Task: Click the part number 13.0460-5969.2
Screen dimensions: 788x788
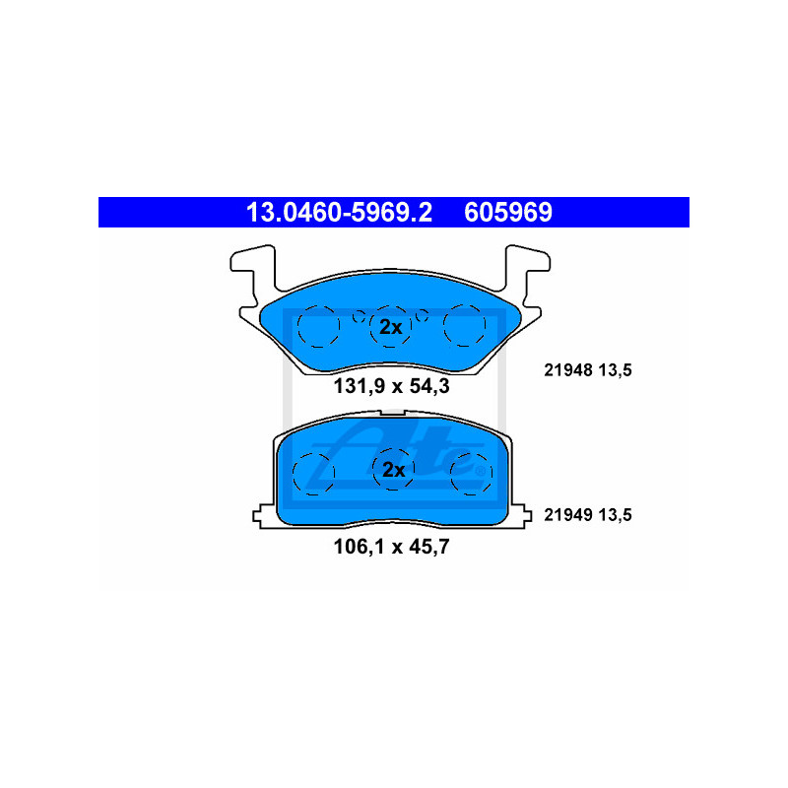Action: coord(339,212)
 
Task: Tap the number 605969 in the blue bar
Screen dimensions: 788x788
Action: coord(508,212)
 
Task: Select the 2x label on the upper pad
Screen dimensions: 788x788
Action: coord(390,327)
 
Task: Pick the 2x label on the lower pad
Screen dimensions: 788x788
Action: coord(393,470)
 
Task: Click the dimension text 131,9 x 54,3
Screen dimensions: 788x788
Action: coord(391,386)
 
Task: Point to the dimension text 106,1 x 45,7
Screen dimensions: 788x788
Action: coord(391,547)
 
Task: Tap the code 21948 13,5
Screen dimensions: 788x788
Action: coord(588,370)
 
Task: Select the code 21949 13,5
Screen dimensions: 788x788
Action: coord(588,515)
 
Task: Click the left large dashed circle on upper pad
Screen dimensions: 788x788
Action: coord(318,326)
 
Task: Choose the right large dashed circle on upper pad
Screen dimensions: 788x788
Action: coord(464,325)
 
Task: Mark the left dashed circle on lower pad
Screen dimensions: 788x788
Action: coord(313,474)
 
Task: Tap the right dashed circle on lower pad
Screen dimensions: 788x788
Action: coord(471,474)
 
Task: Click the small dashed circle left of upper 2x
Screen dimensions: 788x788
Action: coord(359,316)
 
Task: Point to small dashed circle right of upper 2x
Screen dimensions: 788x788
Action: coord(422,315)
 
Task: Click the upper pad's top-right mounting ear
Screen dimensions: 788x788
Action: coord(528,266)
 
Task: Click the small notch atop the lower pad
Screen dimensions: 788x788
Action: coord(392,413)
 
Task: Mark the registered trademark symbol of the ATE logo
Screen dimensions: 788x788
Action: coord(481,472)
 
